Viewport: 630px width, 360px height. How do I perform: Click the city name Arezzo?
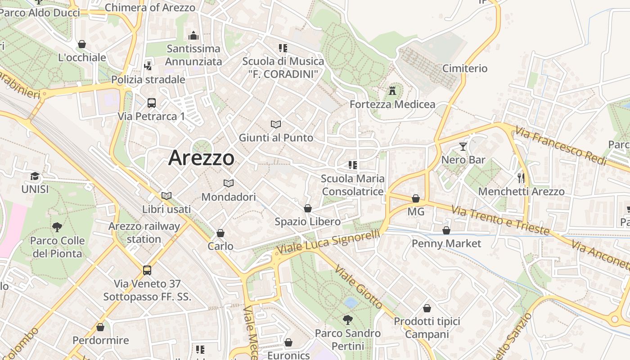tap(201, 158)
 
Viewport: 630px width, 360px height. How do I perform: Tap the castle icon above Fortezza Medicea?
tap(392, 90)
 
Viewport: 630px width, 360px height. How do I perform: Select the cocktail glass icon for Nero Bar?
tap(463, 146)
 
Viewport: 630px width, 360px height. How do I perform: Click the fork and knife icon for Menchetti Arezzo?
tap(521, 178)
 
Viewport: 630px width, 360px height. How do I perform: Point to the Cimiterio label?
tap(465, 68)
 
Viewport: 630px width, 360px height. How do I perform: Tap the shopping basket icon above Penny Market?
tap(446, 230)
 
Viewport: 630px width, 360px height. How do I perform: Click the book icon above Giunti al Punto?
tap(276, 124)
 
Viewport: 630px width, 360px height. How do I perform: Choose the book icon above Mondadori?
tap(229, 184)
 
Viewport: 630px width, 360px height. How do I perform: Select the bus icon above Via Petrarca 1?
tap(152, 103)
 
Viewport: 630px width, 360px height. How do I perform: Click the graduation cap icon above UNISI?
tap(35, 176)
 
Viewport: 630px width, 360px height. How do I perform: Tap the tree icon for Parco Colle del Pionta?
tap(57, 227)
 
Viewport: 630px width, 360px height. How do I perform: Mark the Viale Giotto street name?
tap(359, 287)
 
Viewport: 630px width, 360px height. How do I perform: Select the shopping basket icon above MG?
tap(416, 198)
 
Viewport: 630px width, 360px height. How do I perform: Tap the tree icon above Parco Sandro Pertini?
tap(347, 320)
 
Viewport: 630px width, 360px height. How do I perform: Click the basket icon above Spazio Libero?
tap(308, 208)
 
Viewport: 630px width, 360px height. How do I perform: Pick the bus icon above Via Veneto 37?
tap(147, 270)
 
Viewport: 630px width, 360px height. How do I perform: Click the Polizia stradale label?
tap(148, 80)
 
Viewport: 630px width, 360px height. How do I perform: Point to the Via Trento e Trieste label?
tap(500, 220)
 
